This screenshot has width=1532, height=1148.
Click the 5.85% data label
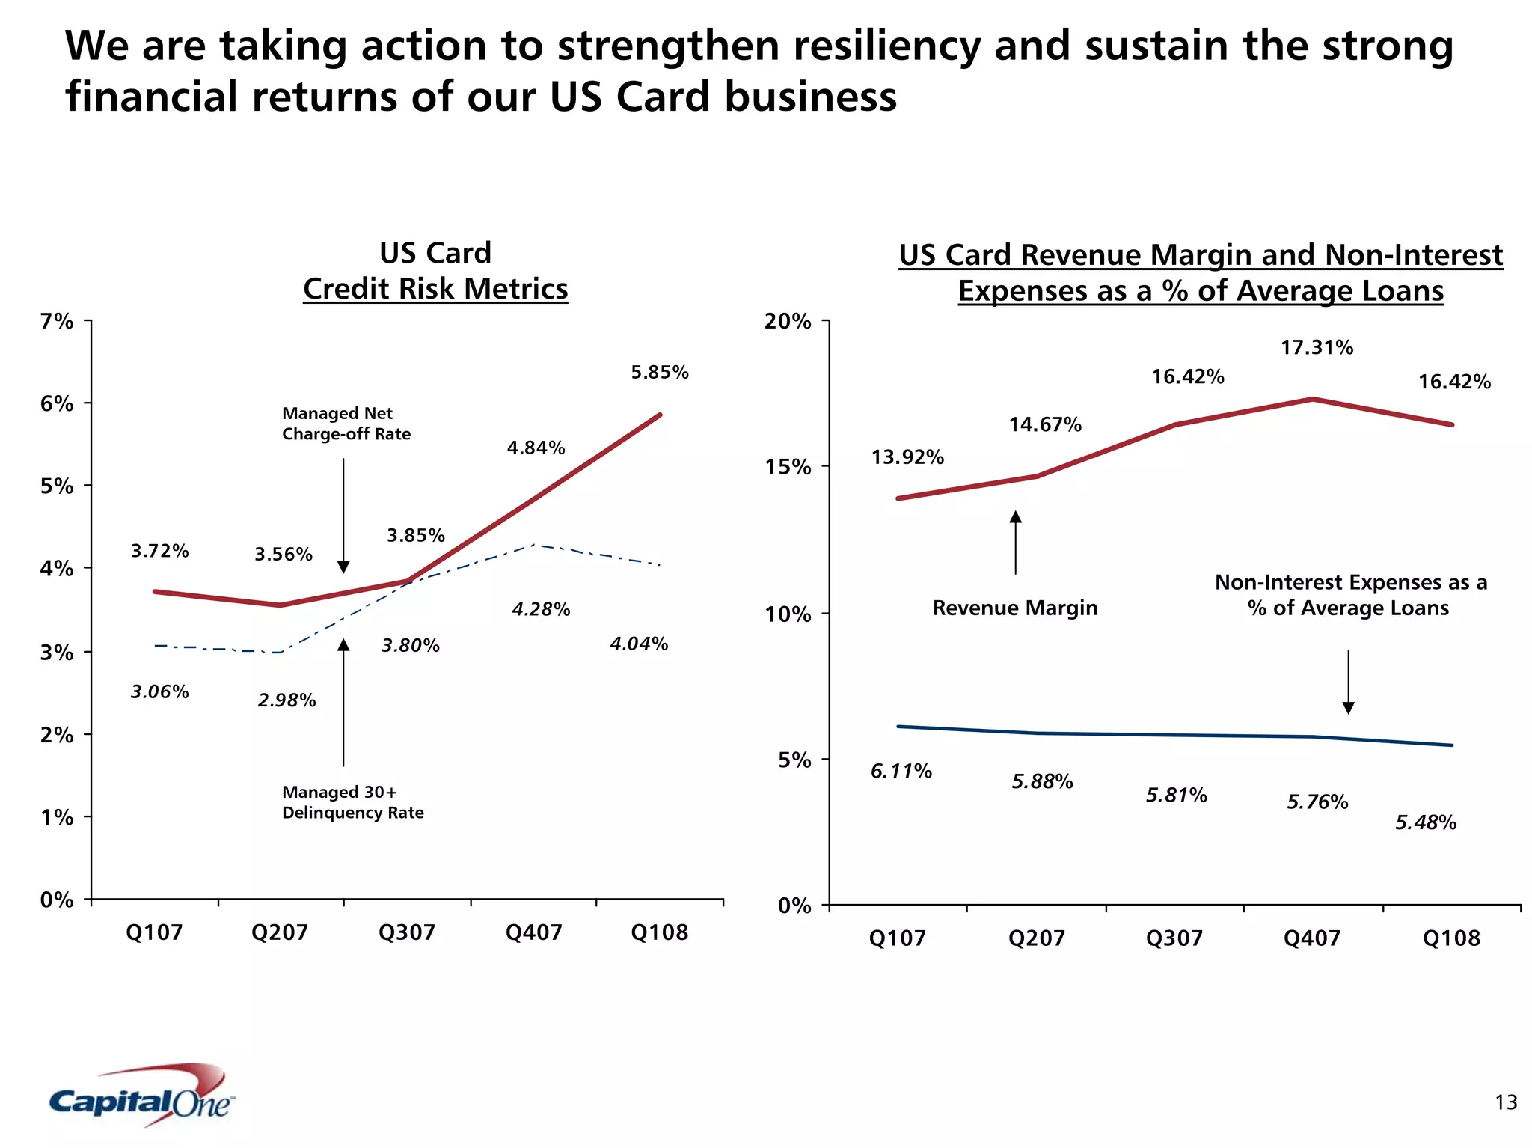click(659, 372)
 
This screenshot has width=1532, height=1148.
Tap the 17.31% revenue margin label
click(1317, 347)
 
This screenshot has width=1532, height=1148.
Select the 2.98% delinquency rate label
click(287, 700)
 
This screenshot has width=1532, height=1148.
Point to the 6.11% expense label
click(901, 771)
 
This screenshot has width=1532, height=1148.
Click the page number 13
click(1506, 1102)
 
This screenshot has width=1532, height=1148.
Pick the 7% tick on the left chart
click(57, 322)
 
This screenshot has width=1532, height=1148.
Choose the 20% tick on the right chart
click(787, 322)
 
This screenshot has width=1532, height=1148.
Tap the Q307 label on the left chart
click(406, 932)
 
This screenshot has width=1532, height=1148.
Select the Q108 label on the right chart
click(1451, 938)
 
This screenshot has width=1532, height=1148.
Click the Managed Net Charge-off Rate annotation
click(346, 424)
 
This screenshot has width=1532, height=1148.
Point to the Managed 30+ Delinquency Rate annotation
click(352, 802)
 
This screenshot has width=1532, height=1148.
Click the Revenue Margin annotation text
click(1014, 608)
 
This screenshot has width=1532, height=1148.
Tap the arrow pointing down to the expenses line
click(1348, 681)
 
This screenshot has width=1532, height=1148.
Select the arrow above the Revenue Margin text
click(1015, 543)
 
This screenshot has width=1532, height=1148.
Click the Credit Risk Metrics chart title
click(435, 289)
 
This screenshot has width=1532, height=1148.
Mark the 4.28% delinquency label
click(541, 609)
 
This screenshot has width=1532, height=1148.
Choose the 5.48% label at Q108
click(1426, 822)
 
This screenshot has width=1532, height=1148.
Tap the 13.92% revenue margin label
click(907, 457)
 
